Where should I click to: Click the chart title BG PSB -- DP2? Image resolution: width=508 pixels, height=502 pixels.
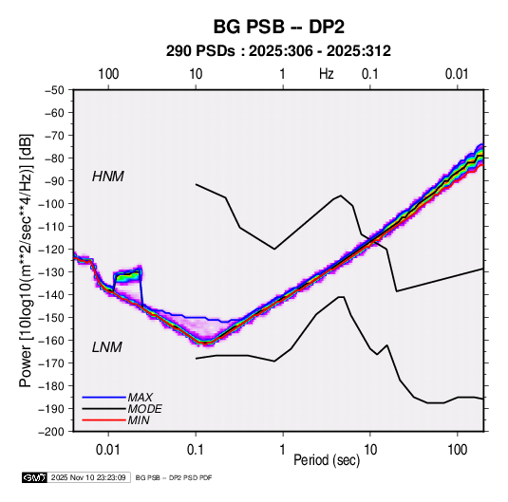(278, 27)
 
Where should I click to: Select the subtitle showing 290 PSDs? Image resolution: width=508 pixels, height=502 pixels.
(278, 51)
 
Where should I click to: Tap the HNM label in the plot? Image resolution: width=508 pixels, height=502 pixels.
(108, 177)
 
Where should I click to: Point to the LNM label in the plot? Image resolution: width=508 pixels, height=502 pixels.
(107, 347)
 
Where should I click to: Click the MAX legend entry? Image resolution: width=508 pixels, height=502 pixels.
(140, 398)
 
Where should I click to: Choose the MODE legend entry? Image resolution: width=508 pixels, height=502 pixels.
(145, 409)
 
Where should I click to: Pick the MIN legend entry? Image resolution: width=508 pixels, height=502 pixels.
(139, 420)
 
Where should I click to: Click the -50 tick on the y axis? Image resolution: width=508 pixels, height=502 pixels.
(54, 90)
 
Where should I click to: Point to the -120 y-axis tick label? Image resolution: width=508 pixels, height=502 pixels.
(51, 250)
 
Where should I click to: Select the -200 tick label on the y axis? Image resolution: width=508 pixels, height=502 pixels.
(51, 432)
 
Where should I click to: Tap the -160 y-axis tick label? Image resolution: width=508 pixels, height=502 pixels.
(51, 341)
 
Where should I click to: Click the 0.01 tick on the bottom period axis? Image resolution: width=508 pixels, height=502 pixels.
(108, 450)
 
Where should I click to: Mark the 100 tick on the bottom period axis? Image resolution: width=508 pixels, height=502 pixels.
(457, 450)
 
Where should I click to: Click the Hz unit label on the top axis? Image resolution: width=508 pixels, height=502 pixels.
(327, 74)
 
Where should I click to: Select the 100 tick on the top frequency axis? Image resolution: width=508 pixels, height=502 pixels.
(108, 74)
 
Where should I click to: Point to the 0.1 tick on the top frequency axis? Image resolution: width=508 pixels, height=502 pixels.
(370, 74)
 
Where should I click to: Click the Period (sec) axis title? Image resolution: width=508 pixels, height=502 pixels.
(327, 460)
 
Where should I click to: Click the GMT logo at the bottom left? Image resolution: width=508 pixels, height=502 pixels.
(35, 477)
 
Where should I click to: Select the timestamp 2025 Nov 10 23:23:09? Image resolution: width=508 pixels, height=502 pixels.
(88, 477)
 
